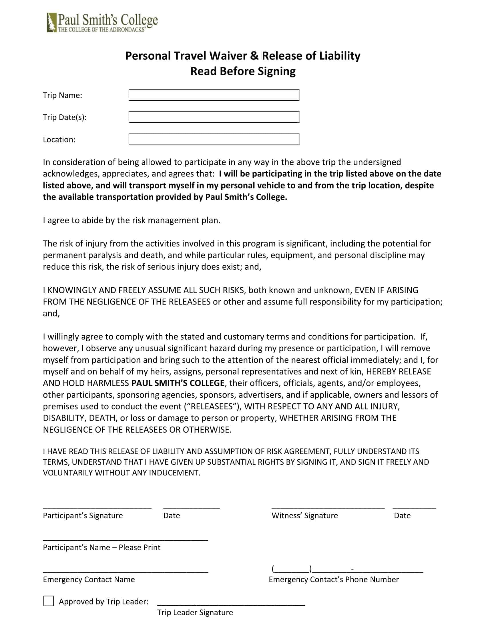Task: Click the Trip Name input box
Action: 214,95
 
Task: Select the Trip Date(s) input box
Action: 214,117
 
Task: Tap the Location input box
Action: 214,140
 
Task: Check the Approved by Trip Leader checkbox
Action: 48,601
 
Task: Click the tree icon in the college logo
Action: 51,23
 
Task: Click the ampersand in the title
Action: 254,56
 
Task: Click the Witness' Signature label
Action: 305,515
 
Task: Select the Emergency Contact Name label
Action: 89,580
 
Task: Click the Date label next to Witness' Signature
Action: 402,515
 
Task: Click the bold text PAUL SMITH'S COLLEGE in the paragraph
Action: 178,383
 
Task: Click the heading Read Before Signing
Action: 243,71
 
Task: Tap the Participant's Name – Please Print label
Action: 102,548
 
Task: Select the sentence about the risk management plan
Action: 132,220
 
